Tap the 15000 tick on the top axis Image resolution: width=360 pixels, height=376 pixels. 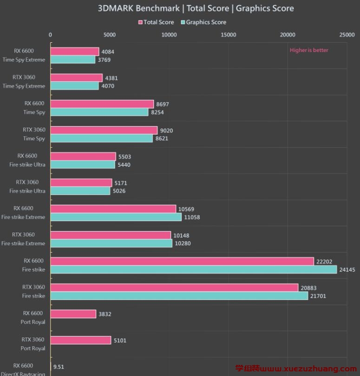click(x=229, y=35)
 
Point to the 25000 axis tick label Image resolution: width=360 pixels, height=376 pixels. click(x=347, y=35)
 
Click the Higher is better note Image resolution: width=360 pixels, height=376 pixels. click(x=309, y=50)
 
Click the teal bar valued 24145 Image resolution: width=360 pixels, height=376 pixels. click(x=193, y=270)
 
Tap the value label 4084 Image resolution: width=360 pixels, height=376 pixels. click(x=108, y=52)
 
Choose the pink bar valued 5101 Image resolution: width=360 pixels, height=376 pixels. click(x=81, y=340)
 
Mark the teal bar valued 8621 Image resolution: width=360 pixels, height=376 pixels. click(x=101, y=138)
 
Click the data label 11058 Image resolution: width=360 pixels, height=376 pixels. click(x=192, y=217)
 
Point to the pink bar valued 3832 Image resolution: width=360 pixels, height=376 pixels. click(x=73, y=314)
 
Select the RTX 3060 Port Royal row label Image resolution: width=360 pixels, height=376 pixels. click(x=33, y=344)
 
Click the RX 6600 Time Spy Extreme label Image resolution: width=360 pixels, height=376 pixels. click(x=24, y=55)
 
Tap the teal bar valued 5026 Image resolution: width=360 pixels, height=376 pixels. click(x=80, y=191)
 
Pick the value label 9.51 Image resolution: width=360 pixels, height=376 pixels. click(x=59, y=367)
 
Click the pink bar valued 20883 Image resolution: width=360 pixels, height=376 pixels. click(x=174, y=288)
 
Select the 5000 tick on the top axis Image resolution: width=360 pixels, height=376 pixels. click(x=110, y=35)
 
